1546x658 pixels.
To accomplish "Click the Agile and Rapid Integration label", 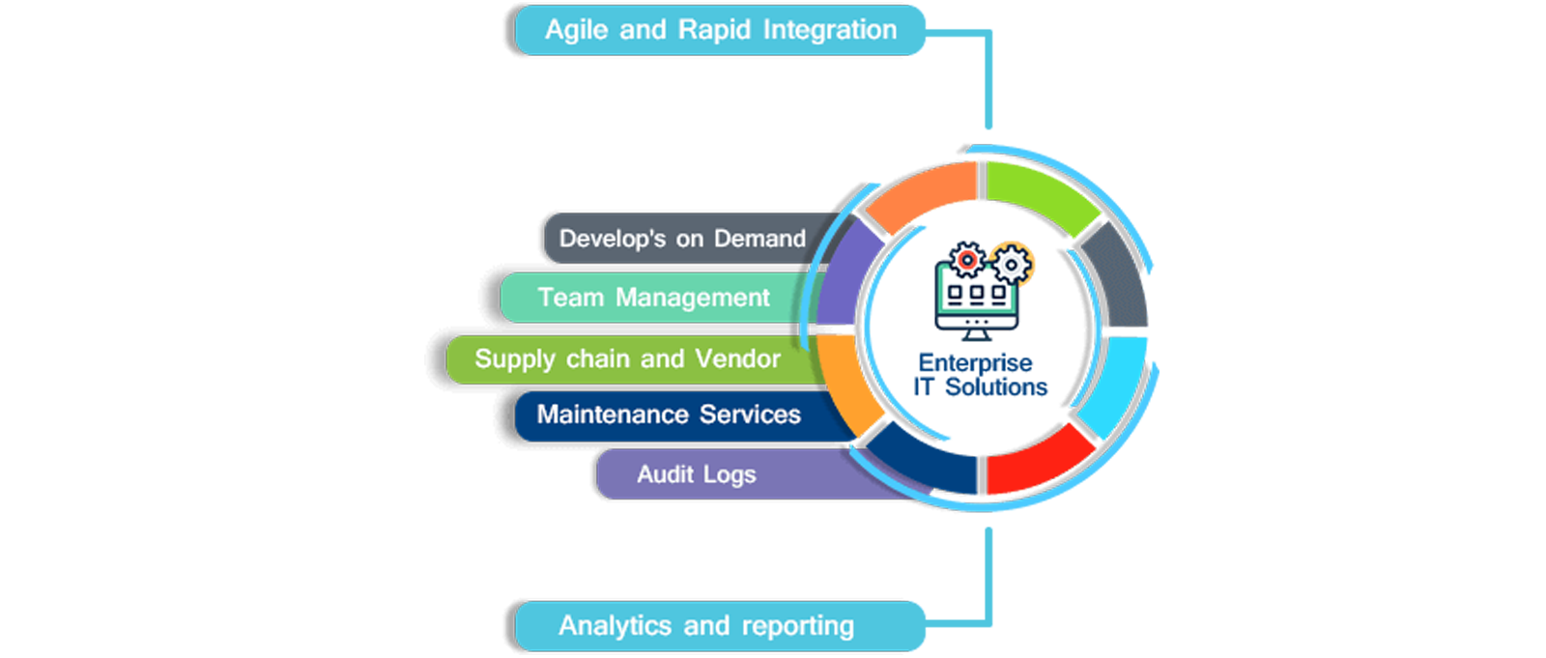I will [720, 30].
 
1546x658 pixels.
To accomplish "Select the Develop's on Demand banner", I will [682, 239].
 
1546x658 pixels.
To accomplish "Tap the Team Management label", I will [653, 298].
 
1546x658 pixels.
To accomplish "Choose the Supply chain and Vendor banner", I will [627, 359].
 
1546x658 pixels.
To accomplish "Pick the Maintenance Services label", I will [669, 415].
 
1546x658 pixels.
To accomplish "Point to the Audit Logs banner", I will [696, 474].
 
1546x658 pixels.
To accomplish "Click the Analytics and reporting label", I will [705, 626].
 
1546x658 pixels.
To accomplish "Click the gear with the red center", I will [966, 260].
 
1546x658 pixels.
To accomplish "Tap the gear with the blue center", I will [1011, 264].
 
